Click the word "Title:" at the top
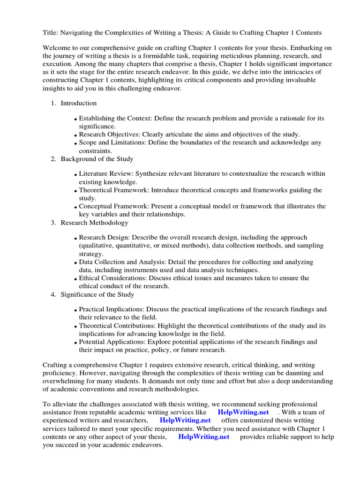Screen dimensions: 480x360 click(51, 33)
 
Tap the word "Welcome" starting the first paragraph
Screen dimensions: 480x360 click(57, 48)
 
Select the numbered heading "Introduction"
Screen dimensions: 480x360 click(79, 103)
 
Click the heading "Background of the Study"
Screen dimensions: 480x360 click(97, 159)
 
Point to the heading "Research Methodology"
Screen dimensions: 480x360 click(94, 223)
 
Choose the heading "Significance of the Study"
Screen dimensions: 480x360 click(97, 294)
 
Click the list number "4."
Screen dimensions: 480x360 click(53, 294)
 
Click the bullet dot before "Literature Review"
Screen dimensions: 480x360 click(76, 175)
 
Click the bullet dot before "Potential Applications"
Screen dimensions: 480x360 click(76, 343)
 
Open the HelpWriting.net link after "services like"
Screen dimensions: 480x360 click(243, 412)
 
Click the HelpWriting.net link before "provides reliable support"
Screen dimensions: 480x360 click(204, 436)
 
